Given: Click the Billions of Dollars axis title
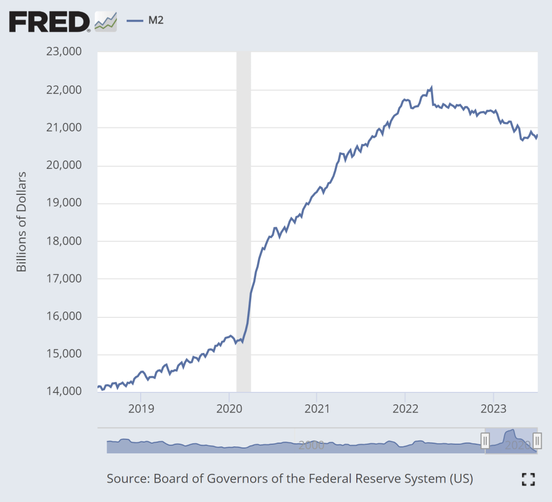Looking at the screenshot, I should coord(22,222).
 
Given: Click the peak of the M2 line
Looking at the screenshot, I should coord(431,87).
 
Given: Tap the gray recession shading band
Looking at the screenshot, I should coord(244,216).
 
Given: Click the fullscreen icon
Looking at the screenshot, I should coord(528,479).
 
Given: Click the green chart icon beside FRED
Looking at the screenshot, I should coord(106,21).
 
